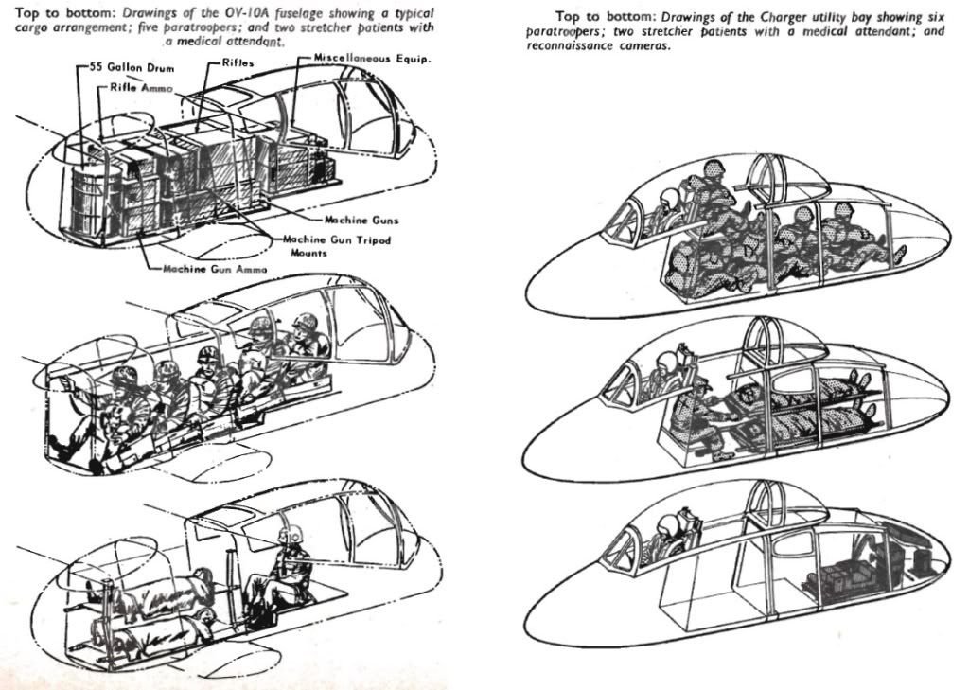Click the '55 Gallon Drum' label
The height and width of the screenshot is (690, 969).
point(132,67)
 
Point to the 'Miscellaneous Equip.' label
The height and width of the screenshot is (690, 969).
point(372,59)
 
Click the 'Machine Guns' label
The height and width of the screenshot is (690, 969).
point(361,221)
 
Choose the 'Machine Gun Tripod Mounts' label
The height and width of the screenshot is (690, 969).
point(337,245)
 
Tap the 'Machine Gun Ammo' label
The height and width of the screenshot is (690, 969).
point(215,269)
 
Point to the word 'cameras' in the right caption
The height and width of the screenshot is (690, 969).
point(644,45)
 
